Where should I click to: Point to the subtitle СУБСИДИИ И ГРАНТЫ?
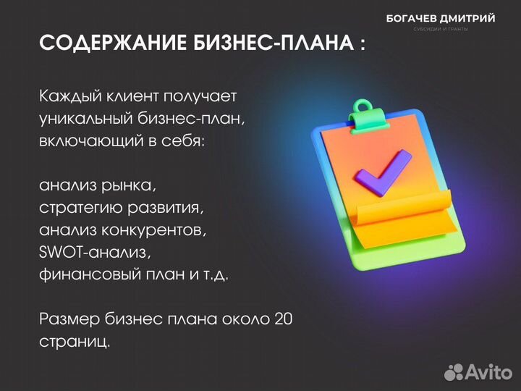(x=441, y=29)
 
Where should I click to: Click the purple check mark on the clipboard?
(x=381, y=175)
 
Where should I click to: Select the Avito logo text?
(x=488, y=372)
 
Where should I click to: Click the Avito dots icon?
(x=454, y=372)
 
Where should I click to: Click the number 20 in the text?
(x=283, y=319)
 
